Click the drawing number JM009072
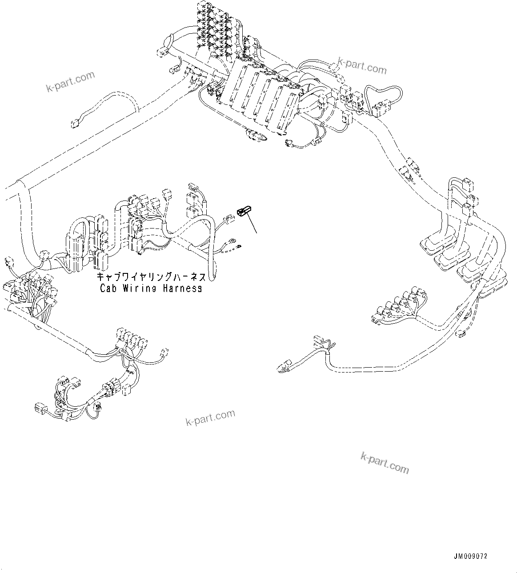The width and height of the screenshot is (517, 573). pos(472,556)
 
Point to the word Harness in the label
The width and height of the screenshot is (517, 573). pos(181,288)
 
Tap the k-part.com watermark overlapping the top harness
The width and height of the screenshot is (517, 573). pos(362,66)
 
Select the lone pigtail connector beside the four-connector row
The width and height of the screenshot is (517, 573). pos(164,353)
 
